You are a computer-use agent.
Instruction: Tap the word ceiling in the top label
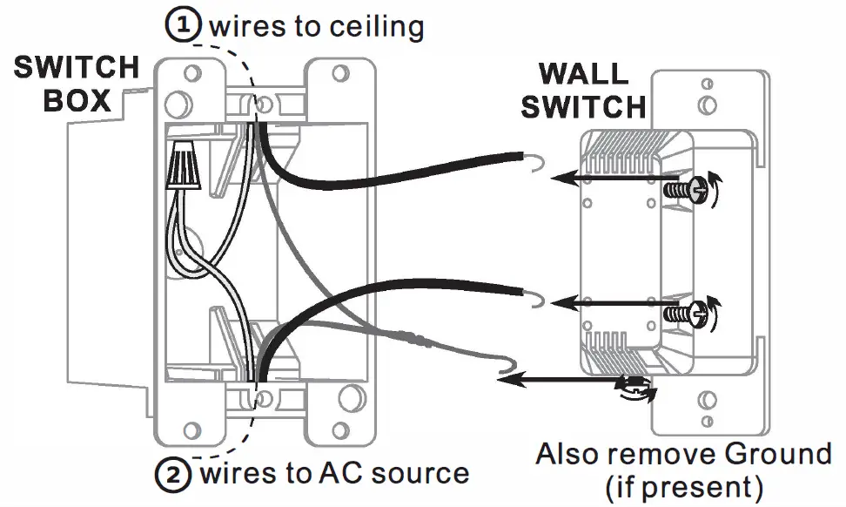coord(376,28)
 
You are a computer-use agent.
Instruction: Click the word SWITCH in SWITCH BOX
coord(77,67)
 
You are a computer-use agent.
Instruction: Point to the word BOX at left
coord(77,100)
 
